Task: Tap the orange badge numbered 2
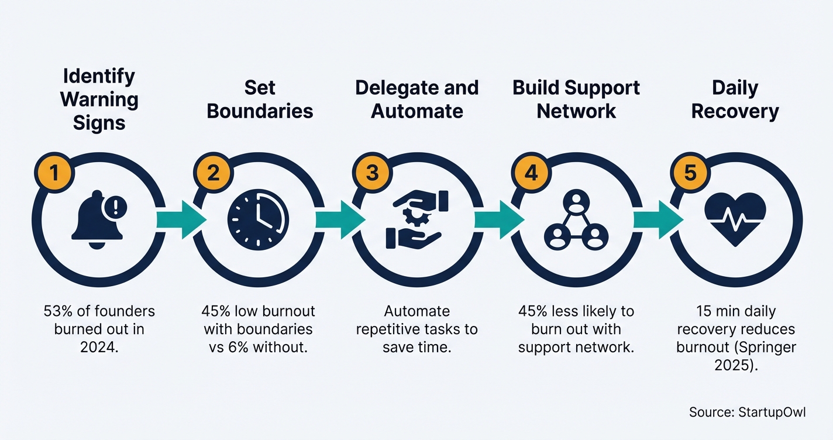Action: click(x=212, y=173)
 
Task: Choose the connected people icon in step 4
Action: click(x=576, y=219)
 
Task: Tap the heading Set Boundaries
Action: click(x=260, y=99)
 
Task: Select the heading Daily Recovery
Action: click(x=735, y=99)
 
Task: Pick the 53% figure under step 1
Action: click(x=56, y=311)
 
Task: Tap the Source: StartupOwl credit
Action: click(x=747, y=412)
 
